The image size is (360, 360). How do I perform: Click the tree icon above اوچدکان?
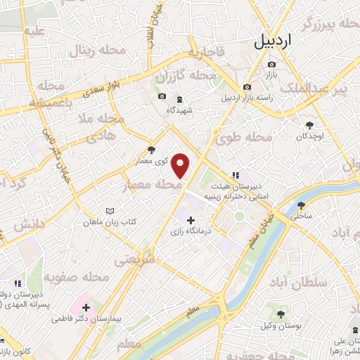(x=307, y=125)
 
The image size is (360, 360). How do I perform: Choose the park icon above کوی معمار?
(x=152, y=150)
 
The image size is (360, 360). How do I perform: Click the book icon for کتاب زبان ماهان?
(x=109, y=210)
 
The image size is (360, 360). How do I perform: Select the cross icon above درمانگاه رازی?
(x=191, y=220)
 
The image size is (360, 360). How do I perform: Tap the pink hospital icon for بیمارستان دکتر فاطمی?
(x=86, y=307)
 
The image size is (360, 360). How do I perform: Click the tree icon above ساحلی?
(x=301, y=206)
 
